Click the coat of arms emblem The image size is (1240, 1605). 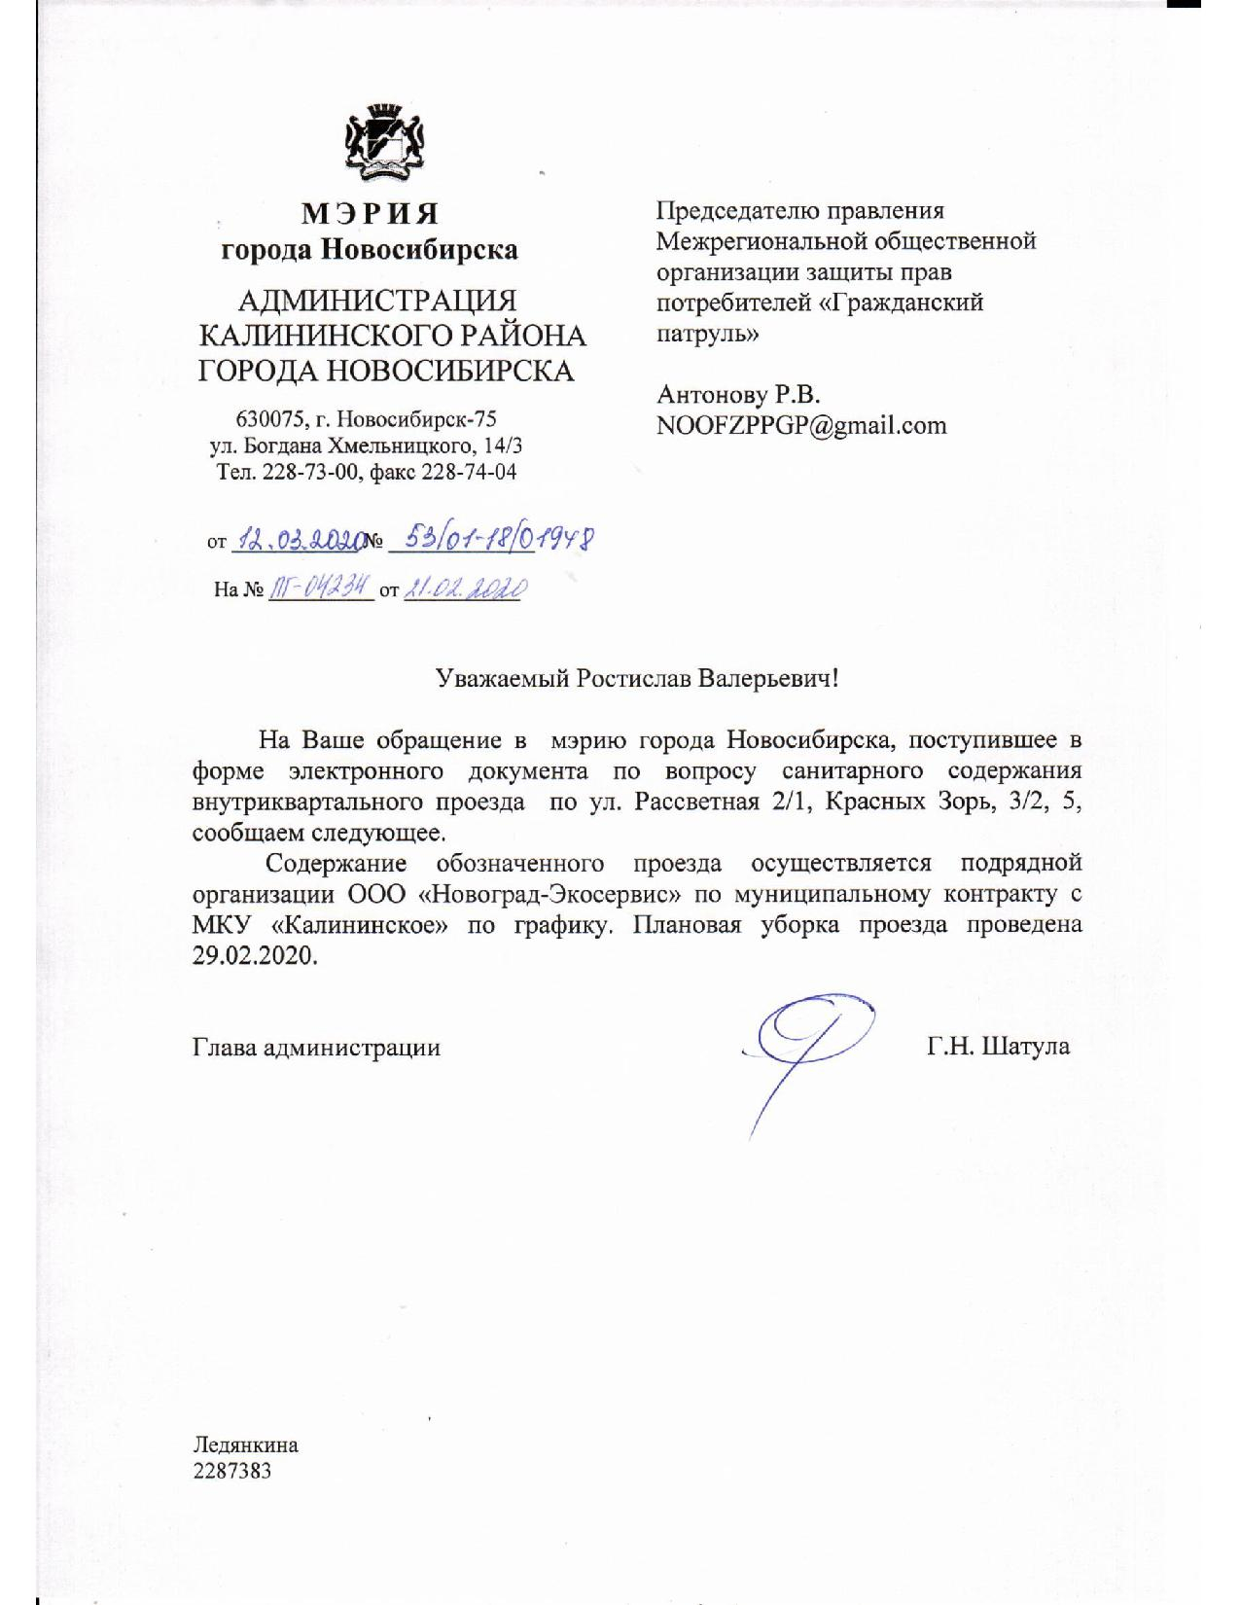pyautogui.click(x=388, y=143)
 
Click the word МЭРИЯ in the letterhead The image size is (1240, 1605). pyautogui.click(x=370, y=213)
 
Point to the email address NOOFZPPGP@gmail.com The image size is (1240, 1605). pyautogui.click(x=801, y=425)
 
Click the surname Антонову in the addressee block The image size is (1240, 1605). pyautogui.click(x=714, y=394)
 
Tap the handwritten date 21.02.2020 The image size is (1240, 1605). pyautogui.click(x=466, y=588)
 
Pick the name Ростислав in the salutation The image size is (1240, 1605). pyautogui.click(x=633, y=678)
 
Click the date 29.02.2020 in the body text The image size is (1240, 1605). pyautogui.click(x=255, y=954)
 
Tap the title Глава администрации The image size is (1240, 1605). pyautogui.click(x=316, y=1048)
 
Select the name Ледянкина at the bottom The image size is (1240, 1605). pyautogui.click(x=245, y=1444)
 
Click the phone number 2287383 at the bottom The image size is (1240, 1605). pyautogui.click(x=232, y=1470)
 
